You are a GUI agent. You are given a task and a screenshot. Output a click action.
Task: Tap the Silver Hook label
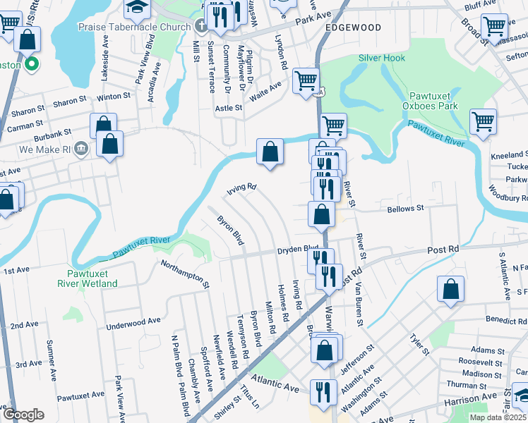(x=382, y=58)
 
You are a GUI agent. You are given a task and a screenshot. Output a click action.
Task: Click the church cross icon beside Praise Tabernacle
(x=201, y=27)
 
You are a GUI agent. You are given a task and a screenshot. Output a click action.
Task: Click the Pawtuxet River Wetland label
(x=88, y=278)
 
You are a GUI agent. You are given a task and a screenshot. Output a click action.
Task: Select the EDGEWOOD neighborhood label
(x=354, y=27)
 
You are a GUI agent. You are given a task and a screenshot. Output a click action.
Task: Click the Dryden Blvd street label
(x=297, y=249)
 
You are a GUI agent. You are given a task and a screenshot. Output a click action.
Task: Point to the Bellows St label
(x=405, y=209)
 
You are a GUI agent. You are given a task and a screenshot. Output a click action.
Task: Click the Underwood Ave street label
(x=133, y=324)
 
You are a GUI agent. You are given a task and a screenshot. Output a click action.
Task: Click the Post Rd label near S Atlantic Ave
(x=443, y=250)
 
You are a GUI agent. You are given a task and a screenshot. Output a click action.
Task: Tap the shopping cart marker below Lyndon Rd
(x=306, y=80)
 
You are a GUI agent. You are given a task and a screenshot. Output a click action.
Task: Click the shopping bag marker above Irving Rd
(x=270, y=152)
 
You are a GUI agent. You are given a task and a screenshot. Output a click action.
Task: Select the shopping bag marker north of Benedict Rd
(x=450, y=289)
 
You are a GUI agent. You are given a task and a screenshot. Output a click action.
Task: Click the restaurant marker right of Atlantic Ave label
(x=323, y=392)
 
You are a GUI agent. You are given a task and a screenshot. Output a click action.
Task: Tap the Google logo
(x=23, y=415)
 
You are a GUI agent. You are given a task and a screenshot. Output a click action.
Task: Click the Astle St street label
(x=228, y=108)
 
